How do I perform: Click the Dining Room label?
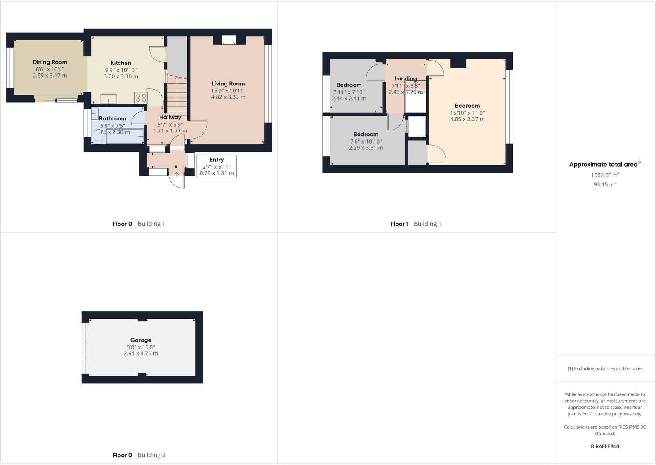pyautogui.click(x=50, y=62)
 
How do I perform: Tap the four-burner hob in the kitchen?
pyautogui.click(x=141, y=98)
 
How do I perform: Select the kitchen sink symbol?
pyautogui.click(x=109, y=99)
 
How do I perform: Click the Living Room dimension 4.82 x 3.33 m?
pyautogui.click(x=228, y=97)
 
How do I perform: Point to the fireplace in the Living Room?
pyautogui.click(x=228, y=40)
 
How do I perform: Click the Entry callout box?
pyautogui.click(x=217, y=166)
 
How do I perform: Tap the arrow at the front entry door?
pyautogui.click(x=177, y=174)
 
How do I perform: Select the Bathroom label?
pyautogui.click(x=112, y=118)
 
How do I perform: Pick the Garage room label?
pyautogui.click(x=141, y=340)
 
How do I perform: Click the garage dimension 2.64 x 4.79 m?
pyautogui.click(x=141, y=354)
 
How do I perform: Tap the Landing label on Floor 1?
pyautogui.click(x=406, y=78)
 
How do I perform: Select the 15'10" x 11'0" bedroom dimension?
pyautogui.click(x=467, y=113)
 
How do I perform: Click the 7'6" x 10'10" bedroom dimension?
pyautogui.click(x=366, y=142)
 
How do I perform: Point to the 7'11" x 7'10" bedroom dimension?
pyautogui.click(x=349, y=92)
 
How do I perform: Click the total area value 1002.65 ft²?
pyautogui.click(x=605, y=175)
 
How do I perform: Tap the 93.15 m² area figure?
pyautogui.click(x=605, y=184)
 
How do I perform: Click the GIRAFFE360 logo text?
pyautogui.click(x=605, y=446)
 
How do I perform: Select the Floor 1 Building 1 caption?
pyautogui.click(x=416, y=224)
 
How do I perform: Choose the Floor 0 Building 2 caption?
pyautogui.click(x=139, y=455)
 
